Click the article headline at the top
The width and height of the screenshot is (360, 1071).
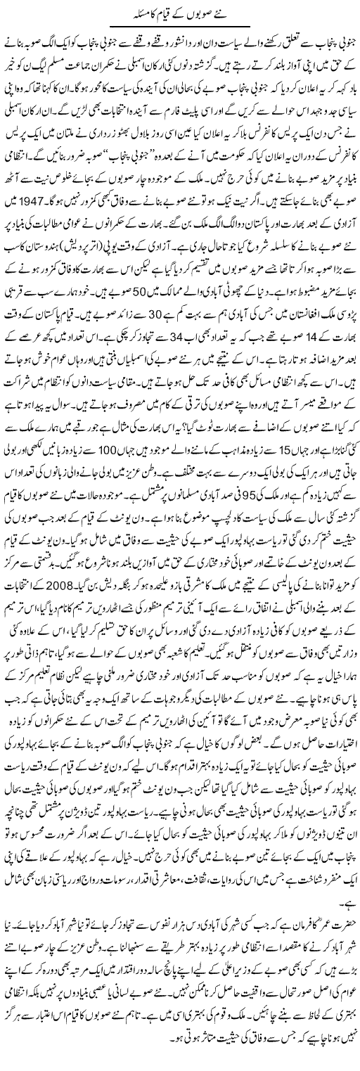180,13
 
